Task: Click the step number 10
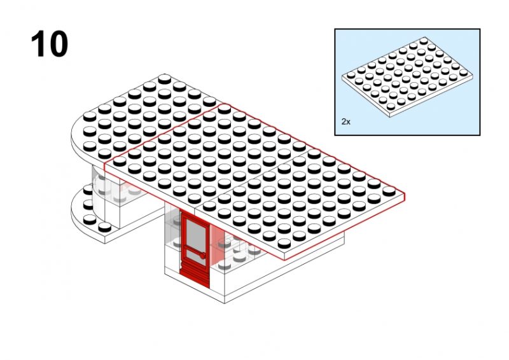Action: [x=50, y=44]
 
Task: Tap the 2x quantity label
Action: [x=345, y=121]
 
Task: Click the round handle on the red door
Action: [x=203, y=256]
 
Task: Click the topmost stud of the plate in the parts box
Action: [x=424, y=41]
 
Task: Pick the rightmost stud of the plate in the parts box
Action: [x=464, y=72]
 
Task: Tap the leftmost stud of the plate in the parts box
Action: [x=351, y=74]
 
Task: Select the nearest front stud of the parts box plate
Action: [x=391, y=106]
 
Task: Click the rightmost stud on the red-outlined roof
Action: [x=389, y=191]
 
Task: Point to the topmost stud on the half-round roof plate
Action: [x=165, y=79]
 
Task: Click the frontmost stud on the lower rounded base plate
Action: [x=104, y=227]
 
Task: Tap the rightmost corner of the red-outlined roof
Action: [x=405, y=193]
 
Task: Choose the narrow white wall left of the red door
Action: [x=172, y=240]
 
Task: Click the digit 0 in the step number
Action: [x=59, y=44]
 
